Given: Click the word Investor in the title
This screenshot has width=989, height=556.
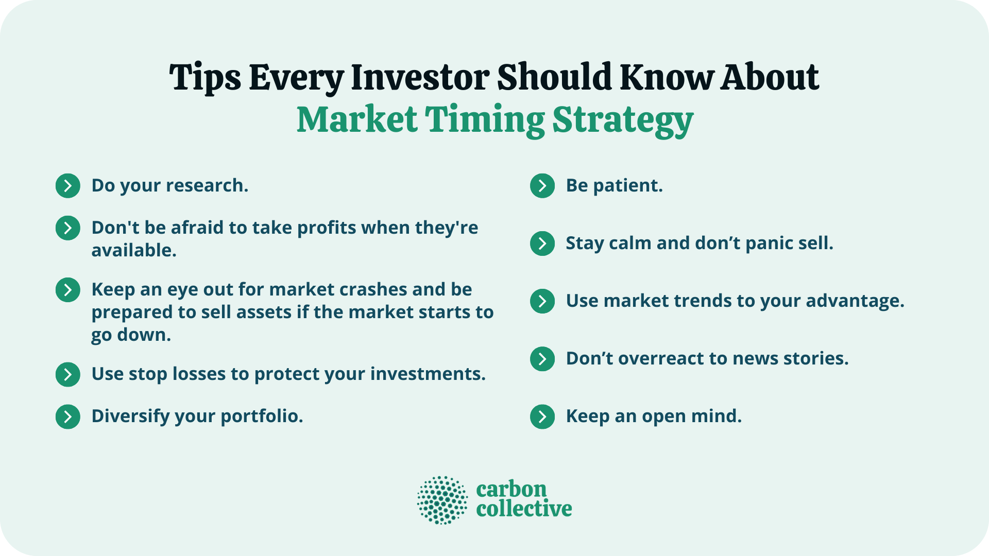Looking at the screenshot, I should tap(420, 77).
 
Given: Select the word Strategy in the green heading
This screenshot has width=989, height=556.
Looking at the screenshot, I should tap(623, 120).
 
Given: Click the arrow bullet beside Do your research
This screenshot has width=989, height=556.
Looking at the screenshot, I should tap(68, 186).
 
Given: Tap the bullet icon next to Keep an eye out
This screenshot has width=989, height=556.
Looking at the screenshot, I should tap(68, 290).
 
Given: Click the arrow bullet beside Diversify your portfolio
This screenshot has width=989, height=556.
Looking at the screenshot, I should tap(68, 416).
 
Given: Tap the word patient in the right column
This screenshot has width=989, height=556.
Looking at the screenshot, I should tap(627, 186).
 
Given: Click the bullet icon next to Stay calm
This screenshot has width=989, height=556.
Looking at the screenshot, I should tap(542, 244).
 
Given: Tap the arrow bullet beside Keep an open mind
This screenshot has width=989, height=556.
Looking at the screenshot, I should tap(542, 416).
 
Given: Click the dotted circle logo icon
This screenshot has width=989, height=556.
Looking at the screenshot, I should tap(442, 500).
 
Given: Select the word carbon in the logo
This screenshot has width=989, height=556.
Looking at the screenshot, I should tap(511, 489).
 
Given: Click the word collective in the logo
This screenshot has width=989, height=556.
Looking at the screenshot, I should tap(524, 509).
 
